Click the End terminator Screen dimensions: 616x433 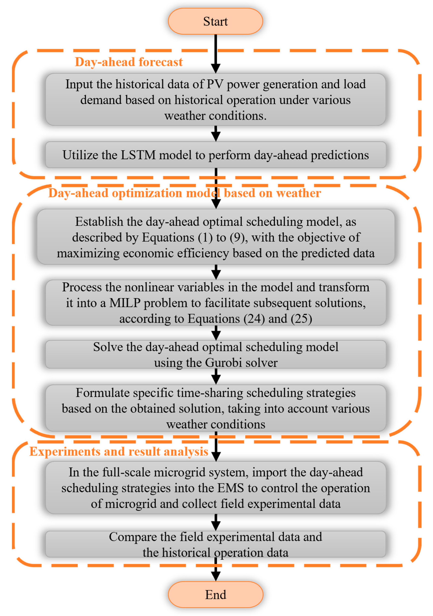pyautogui.click(x=215, y=595)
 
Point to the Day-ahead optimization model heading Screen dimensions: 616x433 pyautogui.click(x=185, y=193)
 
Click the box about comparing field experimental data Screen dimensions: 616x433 pyautogui.click(x=215, y=544)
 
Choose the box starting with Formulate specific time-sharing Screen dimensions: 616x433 pyautogui.click(x=215, y=408)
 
